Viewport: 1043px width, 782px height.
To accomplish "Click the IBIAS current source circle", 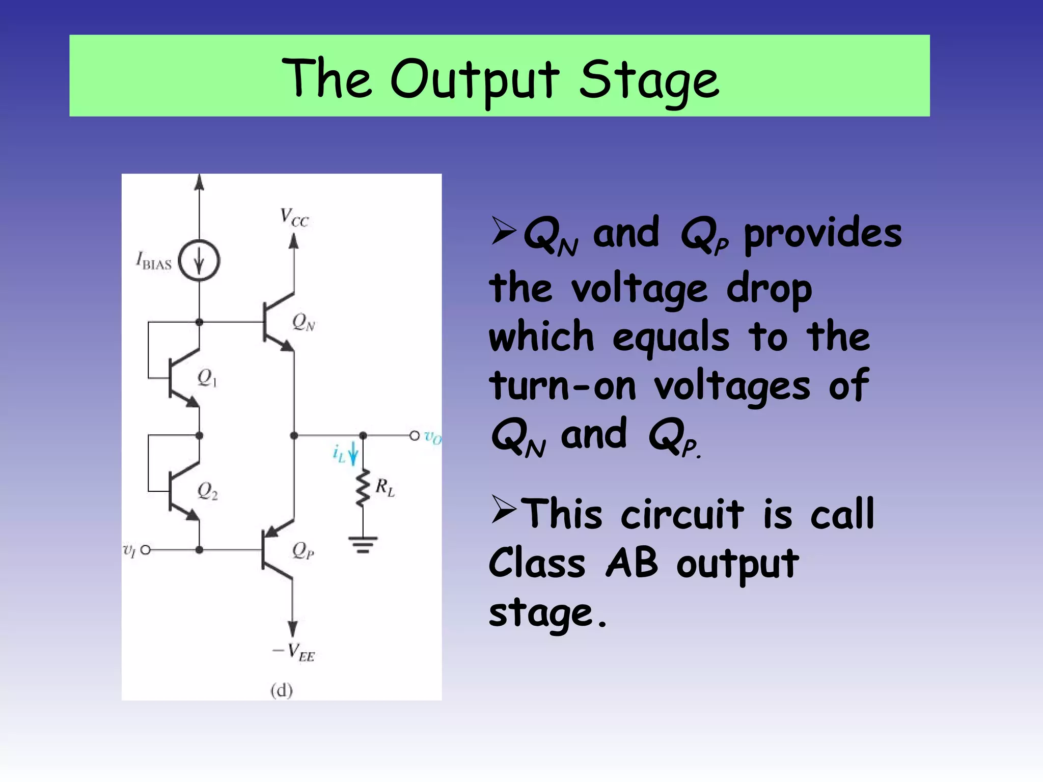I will (199, 261).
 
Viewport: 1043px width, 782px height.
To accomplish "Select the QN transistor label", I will (304, 322).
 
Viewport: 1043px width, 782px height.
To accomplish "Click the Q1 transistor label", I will (207, 378).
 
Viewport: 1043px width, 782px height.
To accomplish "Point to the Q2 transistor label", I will (207, 491).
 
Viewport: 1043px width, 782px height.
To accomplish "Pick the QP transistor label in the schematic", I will (303, 550).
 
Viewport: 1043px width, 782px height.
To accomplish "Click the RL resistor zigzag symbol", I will (363, 489).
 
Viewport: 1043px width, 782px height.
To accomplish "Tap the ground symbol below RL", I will (363, 544).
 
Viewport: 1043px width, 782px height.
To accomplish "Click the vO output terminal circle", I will (415, 436).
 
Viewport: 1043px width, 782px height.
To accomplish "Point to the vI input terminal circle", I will (146, 550).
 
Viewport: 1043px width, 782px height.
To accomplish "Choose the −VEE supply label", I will (294, 652).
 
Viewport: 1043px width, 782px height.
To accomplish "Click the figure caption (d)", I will (282, 690).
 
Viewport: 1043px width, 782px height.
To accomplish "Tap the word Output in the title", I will (475, 79).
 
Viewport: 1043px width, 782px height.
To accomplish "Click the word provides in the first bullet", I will (822, 234).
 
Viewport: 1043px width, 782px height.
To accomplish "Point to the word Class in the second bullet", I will (537, 564).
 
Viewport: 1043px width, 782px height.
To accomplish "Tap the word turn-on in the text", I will (563, 386).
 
